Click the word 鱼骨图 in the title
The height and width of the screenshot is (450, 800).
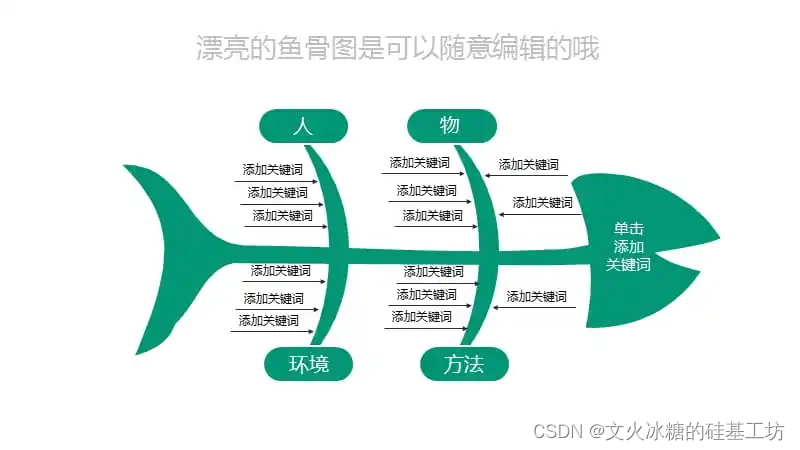tap(316, 48)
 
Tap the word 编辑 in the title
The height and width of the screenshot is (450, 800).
tap(518, 48)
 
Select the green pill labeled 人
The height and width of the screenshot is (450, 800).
tap(304, 126)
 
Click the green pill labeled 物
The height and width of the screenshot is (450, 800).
tap(452, 126)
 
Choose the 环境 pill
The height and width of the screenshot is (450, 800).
tap(309, 364)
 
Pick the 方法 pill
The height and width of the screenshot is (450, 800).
tap(464, 364)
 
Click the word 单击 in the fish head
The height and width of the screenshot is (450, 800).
tap(629, 228)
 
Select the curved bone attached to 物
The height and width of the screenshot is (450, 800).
tap(485, 199)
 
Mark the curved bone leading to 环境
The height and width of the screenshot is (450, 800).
tap(333, 306)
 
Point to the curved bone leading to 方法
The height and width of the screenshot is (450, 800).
tap(482, 306)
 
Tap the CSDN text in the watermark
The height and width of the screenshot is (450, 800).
tap(558, 432)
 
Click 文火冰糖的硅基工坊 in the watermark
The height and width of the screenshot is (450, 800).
tap(694, 432)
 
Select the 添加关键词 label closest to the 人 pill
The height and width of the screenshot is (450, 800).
tap(272, 169)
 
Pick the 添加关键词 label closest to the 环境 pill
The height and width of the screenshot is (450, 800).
tap(268, 320)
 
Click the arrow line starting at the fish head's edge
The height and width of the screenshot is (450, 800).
tap(541, 214)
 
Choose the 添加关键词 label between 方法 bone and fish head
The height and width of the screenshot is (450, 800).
tap(536, 296)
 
